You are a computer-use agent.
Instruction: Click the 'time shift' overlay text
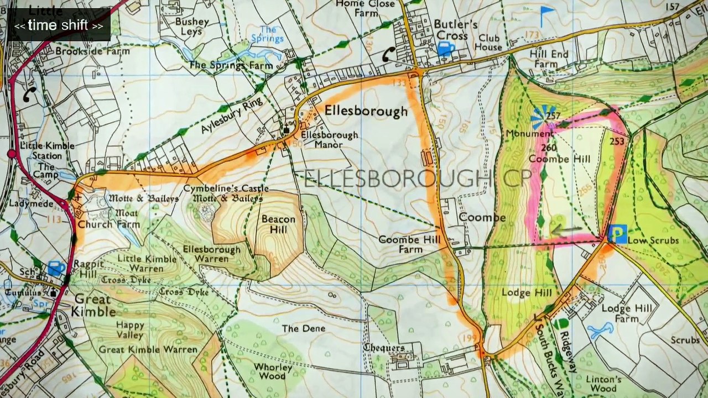(59, 25)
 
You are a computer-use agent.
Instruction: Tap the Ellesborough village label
(366, 111)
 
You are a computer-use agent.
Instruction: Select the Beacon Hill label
(278, 224)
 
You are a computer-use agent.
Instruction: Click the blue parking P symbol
(617, 234)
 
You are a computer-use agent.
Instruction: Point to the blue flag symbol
(546, 15)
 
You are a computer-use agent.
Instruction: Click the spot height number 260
(549, 148)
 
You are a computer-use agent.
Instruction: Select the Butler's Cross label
(455, 30)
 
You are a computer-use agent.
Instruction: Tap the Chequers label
(384, 347)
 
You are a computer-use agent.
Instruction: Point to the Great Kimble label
(93, 305)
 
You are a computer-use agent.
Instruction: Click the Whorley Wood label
(273, 372)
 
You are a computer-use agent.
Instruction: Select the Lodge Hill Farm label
(627, 313)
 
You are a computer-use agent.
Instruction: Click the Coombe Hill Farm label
(409, 244)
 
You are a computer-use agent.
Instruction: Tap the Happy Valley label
(131, 330)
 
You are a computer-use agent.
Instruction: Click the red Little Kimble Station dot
(11, 153)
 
